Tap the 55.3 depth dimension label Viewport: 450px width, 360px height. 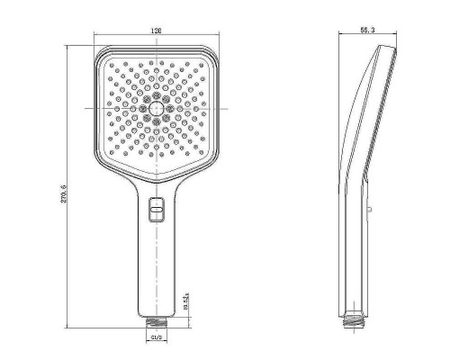click(x=366, y=31)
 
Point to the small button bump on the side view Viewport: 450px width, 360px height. click(x=370, y=209)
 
